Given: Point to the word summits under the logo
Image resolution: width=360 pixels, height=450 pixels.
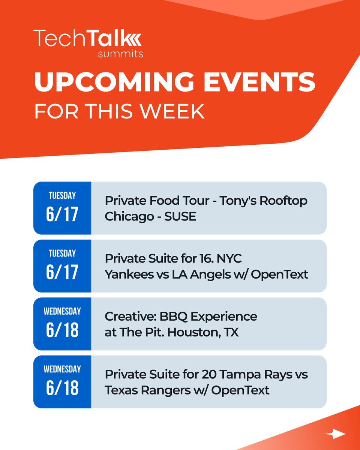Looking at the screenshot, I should (120, 54).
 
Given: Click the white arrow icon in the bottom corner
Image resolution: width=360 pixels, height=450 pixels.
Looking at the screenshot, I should (335, 434).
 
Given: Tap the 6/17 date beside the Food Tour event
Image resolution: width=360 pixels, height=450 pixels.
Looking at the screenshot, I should (62, 214).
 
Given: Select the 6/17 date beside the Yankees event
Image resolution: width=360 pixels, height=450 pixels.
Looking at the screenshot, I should (62, 272).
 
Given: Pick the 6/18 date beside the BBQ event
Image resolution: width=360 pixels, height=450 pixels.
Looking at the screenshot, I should (62, 330).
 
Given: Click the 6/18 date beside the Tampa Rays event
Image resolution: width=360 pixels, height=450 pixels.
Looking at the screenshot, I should (62, 388).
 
